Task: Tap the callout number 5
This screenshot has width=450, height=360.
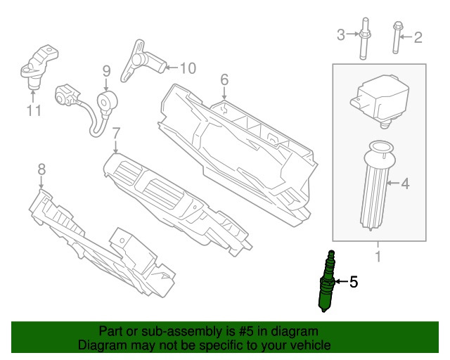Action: [x=354, y=283]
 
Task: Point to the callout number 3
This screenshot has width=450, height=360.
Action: [x=340, y=35]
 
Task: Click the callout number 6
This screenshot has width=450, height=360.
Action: [x=224, y=81]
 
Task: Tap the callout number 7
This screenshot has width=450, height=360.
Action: [x=117, y=132]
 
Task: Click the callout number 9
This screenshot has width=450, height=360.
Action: [x=107, y=71]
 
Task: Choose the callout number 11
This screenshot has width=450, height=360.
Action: [x=34, y=110]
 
